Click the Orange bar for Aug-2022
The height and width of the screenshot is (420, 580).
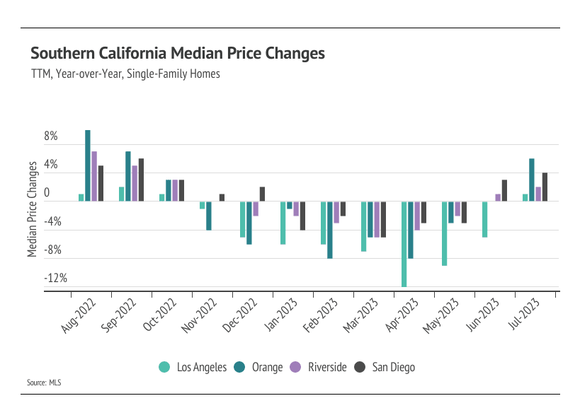tap(88, 165)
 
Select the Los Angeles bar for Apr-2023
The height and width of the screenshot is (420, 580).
tap(404, 244)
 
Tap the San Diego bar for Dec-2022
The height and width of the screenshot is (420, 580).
tap(262, 194)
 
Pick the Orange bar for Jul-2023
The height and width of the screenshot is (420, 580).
tap(531, 180)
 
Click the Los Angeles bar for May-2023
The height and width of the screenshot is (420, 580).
tap(444, 233)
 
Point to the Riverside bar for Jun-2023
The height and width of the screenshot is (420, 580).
tap(498, 197)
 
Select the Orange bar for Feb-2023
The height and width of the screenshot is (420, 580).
tap(330, 230)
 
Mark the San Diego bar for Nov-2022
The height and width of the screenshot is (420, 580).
tap(222, 197)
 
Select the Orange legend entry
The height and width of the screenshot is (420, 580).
tap(258, 367)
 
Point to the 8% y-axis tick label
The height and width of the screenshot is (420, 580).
tap(51, 136)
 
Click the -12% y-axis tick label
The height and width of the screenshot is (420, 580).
tap(55, 278)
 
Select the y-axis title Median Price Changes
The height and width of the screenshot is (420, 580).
tap(33, 209)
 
